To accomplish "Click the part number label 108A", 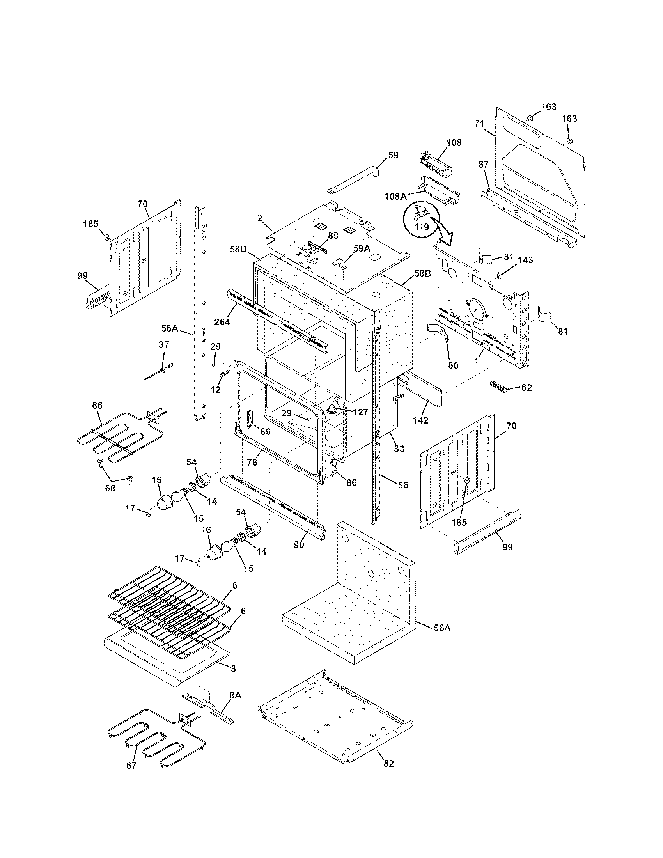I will tap(395, 196).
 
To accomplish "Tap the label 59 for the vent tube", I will tap(393, 155).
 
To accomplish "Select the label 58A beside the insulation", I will tap(442, 628).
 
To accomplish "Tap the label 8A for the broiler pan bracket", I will tap(235, 695).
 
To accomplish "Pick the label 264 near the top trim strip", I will tap(222, 323).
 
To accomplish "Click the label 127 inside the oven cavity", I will tap(360, 412).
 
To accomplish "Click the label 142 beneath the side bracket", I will tap(420, 420).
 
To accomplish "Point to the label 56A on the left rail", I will tap(170, 328).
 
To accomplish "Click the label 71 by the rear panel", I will tap(479, 124).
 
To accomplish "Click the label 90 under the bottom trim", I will tap(299, 545).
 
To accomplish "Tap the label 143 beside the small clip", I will tap(526, 260).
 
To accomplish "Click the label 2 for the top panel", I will tap(260, 218).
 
